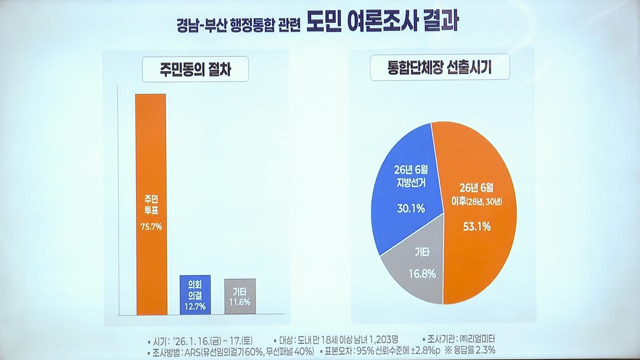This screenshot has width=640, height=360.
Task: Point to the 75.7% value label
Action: tap(151, 227)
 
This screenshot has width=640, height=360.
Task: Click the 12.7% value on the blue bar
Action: tap(195, 306)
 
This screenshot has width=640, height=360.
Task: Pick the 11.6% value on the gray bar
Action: tap(240, 302)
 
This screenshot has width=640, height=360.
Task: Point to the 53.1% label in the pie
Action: tap(477, 227)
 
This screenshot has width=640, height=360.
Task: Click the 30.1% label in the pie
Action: tap(411, 209)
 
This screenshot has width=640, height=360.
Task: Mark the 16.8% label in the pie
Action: tap(422, 274)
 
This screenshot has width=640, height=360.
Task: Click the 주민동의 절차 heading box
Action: tap(195, 69)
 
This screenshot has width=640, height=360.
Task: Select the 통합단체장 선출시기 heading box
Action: tap(440, 67)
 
